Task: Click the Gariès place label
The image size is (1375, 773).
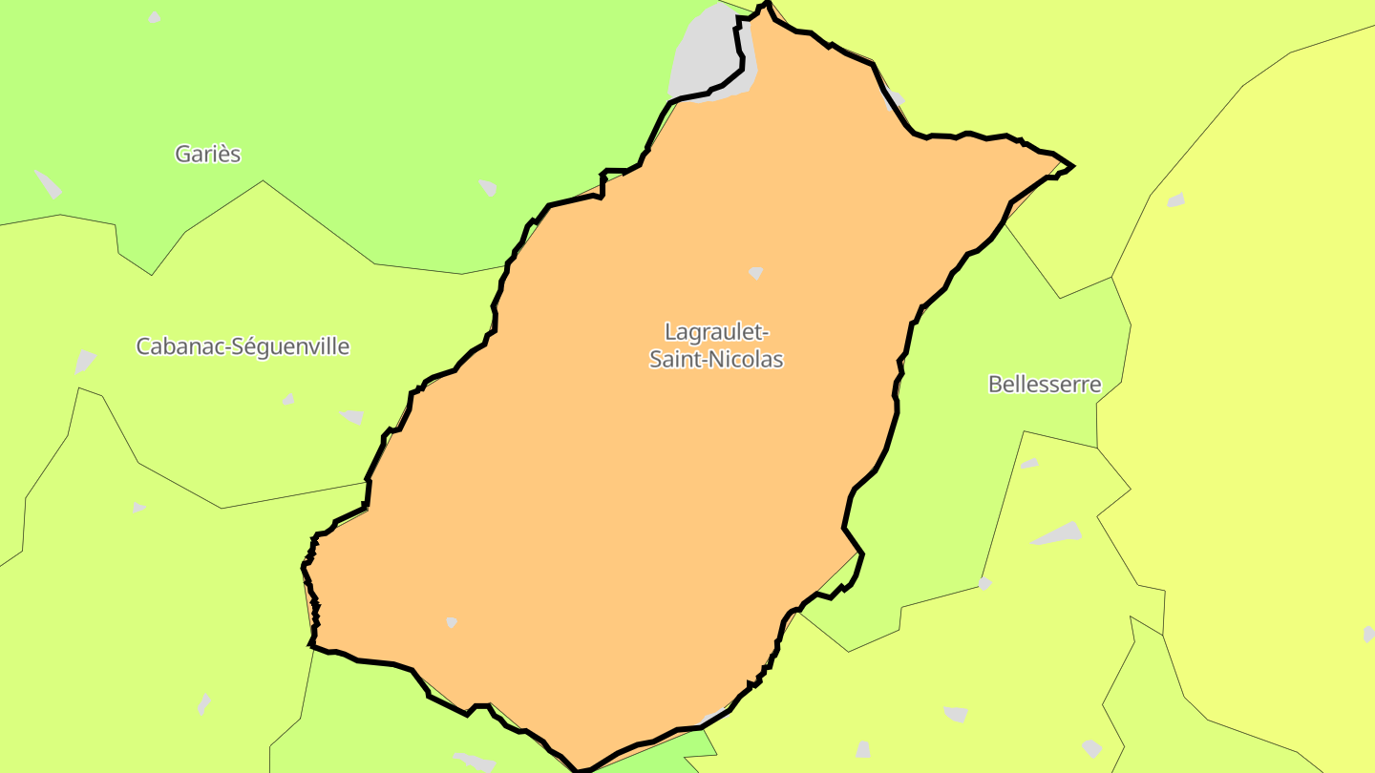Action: click(207, 154)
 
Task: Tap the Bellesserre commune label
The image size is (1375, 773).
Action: click(1044, 385)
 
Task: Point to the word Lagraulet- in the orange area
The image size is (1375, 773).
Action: click(716, 332)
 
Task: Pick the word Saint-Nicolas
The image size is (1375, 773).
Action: click(716, 360)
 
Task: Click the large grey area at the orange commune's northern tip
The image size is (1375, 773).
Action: click(711, 52)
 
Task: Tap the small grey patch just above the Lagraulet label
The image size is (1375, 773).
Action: click(756, 273)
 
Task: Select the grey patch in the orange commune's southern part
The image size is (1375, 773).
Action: click(451, 622)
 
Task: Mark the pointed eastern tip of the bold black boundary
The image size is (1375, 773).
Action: click(1072, 166)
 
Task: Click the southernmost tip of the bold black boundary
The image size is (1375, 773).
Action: click(580, 769)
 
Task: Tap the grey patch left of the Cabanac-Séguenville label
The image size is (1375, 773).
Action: click(85, 362)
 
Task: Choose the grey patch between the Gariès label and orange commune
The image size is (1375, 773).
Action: click(488, 187)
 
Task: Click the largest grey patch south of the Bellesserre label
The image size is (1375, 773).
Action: click(1057, 533)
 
